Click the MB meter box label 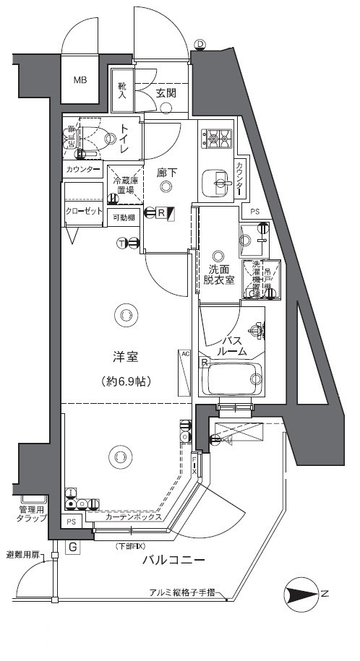point(79,79)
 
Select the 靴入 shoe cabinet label point(122,90)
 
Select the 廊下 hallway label point(167,173)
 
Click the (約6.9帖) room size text point(126,380)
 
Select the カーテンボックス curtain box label point(132,517)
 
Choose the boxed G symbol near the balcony point(72,547)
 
